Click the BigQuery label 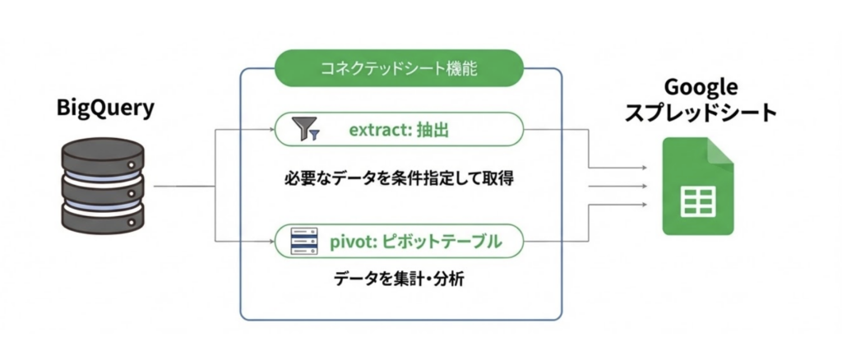[x=104, y=108]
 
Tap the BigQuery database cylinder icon [x=104, y=186]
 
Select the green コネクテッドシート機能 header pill [x=399, y=67]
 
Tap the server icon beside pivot [x=309, y=241]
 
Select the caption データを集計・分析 [x=399, y=279]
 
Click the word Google [x=699, y=87]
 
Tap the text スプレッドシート [x=700, y=113]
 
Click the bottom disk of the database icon [x=104, y=219]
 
